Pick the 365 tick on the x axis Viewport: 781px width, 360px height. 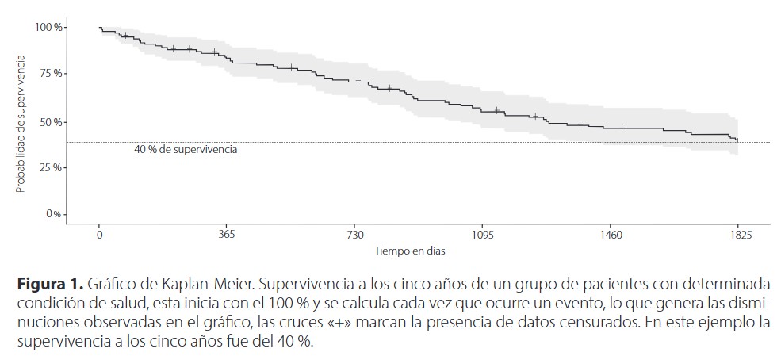point(227,236)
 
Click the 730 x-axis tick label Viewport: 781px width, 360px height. point(354,236)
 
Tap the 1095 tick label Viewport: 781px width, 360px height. point(482,236)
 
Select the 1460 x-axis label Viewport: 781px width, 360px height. point(611,236)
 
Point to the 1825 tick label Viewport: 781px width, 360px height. point(738,236)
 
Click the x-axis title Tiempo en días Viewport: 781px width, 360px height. point(409,251)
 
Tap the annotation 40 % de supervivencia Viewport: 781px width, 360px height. point(186,149)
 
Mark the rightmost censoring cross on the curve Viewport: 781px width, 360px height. point(622,128)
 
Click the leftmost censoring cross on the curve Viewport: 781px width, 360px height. point(124,36)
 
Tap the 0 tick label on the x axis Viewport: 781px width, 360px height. point(99,236)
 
